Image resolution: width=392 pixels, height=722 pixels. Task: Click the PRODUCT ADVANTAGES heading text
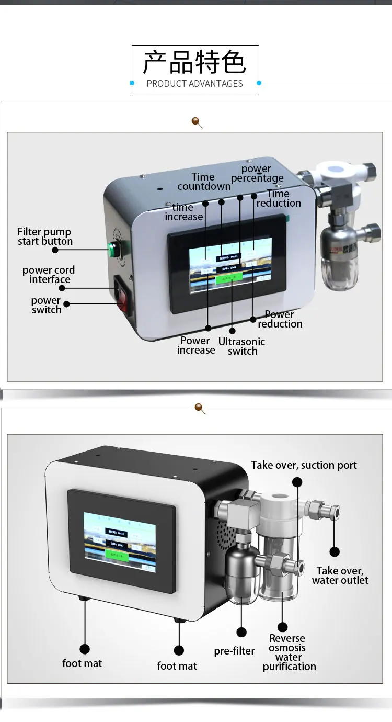(195, 84)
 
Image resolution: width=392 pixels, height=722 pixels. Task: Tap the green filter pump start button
(111, 250)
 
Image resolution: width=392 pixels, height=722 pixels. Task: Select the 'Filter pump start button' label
(44, 236)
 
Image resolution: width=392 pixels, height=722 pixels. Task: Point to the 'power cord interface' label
(49, 275)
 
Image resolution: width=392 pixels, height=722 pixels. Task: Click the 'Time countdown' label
(204, 182)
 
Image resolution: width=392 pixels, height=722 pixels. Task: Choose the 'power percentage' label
(257, 173)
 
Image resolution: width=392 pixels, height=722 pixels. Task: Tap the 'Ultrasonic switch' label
(241, 346)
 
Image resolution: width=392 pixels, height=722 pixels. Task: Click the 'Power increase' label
(195, 345)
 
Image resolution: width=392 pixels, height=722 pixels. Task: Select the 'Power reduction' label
(280, 319)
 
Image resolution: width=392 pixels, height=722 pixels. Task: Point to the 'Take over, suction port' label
(304, 465)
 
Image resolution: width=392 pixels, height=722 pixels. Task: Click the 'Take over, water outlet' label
(340, 576)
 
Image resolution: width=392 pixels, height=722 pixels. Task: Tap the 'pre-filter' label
(234, 651)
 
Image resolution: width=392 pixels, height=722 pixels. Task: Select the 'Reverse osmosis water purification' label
(289, 652)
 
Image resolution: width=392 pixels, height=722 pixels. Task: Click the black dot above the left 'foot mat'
(85, 649)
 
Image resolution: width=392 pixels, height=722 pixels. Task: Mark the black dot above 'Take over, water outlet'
(335, 551)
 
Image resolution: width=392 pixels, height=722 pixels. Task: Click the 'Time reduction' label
(279, 198)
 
